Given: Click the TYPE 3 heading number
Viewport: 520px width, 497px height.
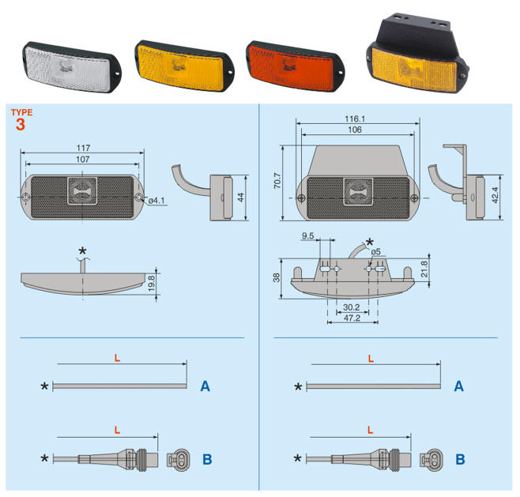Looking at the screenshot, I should [x=21, y=124].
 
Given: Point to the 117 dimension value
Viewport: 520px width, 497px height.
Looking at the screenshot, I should [x=84, y=148].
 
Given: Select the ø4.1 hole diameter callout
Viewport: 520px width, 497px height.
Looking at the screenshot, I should [x=158, y=201].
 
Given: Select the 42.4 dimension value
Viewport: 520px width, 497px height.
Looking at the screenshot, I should [x=496, y=194].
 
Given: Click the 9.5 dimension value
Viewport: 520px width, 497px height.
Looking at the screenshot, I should [x=307, y=235].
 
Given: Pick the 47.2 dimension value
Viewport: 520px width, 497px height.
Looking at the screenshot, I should [x=352, y=319].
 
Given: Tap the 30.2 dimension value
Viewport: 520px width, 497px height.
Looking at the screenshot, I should [x=352, y=307].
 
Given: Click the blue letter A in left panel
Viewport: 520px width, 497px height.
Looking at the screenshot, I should [x=205, y=386].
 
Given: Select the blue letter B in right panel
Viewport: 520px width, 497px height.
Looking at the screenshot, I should [x=459, y=458].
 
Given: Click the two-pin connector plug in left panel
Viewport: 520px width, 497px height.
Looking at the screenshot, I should [x=178, y=458].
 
